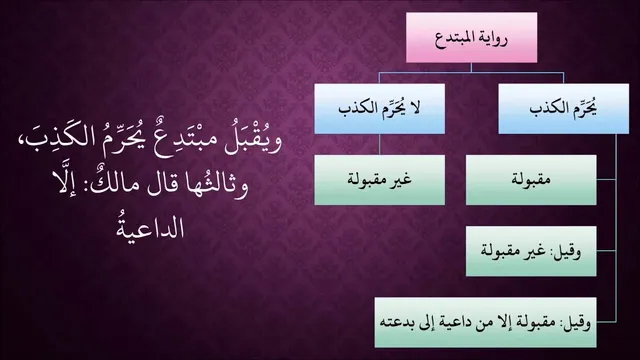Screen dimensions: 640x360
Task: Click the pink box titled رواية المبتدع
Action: pos(471,38)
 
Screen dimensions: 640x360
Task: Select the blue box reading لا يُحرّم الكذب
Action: pos(380,109)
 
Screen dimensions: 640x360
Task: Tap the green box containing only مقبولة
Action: pos(531,180)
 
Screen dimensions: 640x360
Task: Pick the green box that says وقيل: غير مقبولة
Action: pos(531,251)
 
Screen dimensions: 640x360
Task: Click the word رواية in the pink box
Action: pos(491,39)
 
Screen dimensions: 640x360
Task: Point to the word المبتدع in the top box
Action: pos(452,38)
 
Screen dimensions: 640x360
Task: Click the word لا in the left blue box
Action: pos(415,109)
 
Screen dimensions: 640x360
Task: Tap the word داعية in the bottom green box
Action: pos(455,323)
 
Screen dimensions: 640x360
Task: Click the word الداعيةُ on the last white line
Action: pos(150,227)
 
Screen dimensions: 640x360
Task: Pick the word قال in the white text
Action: pos(164,186)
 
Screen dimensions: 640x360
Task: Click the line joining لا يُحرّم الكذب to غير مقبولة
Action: pos(379,144)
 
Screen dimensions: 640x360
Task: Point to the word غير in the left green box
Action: pos(400,180)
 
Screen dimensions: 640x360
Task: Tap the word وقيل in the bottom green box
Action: pos(578,324)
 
